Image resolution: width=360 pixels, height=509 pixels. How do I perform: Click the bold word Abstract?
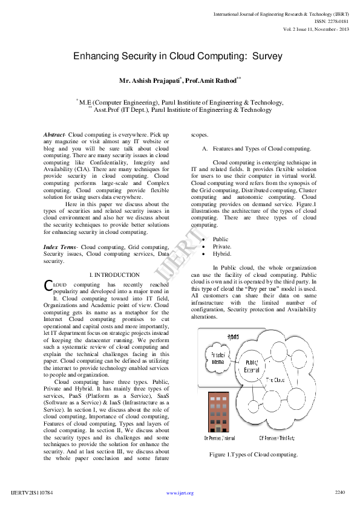point(54,134)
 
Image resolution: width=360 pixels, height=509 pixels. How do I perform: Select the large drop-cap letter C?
point(48,285)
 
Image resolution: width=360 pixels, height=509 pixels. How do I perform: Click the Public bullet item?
point(221,239)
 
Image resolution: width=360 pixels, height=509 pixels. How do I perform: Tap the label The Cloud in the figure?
point(277,380)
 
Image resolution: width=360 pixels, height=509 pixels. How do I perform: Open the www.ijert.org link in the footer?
point(180,493)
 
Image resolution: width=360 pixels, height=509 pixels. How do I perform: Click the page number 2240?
point(339,493)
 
